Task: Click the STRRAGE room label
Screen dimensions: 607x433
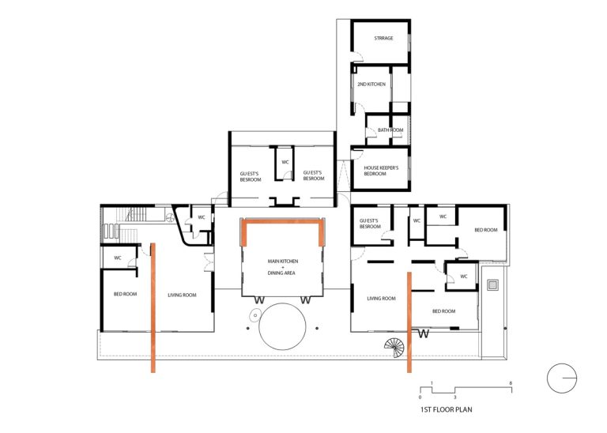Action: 383,38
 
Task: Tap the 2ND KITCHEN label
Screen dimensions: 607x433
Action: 371,84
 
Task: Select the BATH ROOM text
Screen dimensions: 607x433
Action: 390,130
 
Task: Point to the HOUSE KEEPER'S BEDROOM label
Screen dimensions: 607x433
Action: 381,171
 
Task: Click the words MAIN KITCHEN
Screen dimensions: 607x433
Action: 283,262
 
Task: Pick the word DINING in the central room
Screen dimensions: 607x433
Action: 274,273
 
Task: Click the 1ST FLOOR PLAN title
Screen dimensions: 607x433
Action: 446,409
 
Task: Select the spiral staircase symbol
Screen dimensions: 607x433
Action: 394,348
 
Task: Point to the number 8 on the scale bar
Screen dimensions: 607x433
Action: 511,383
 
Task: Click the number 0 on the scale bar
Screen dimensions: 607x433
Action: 420,397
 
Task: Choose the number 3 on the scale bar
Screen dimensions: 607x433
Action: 455,397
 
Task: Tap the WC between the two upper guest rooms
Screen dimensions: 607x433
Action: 285,162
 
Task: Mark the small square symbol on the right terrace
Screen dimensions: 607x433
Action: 492,285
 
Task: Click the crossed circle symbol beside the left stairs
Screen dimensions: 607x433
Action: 170,218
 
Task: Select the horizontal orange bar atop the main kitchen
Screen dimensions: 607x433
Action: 283,221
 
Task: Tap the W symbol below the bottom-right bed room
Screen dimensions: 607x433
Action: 424,333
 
